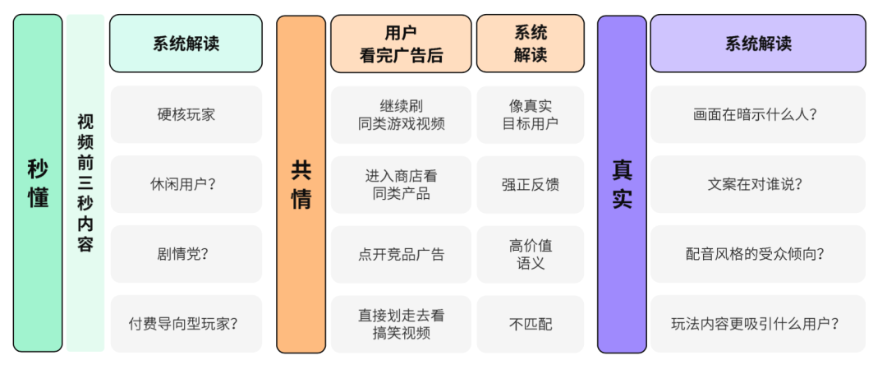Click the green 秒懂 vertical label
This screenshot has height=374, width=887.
pos(38,183)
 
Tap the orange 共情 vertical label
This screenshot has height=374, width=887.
pos(301,184)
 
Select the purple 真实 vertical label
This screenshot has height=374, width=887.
pos(622,184)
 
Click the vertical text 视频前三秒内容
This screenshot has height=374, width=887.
pos(85,183)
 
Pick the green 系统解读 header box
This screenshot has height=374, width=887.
pos(186,44)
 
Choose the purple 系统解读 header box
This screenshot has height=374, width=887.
pos(757,44)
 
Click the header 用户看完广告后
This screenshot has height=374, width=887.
pos(401,44)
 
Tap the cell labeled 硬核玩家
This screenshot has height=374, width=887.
pos(186,114)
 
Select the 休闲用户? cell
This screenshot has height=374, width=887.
pos(186,184)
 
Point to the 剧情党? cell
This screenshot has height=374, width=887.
pos(186,254)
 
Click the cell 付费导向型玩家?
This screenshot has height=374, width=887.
pos(186,324)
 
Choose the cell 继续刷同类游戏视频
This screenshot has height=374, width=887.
pos(401,115)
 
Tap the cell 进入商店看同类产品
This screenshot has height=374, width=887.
pos(401,185)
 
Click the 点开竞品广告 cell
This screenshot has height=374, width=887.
pos(401,255)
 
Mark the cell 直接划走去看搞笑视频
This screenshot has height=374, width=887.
pos(401,324)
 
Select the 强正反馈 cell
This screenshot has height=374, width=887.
pos(530,185)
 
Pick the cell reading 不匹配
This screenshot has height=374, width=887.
pos(530,324)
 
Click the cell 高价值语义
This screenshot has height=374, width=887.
pos(530,255)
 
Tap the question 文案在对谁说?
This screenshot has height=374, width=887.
pos(757,184)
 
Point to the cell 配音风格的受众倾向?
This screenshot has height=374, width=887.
pos(757,254)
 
